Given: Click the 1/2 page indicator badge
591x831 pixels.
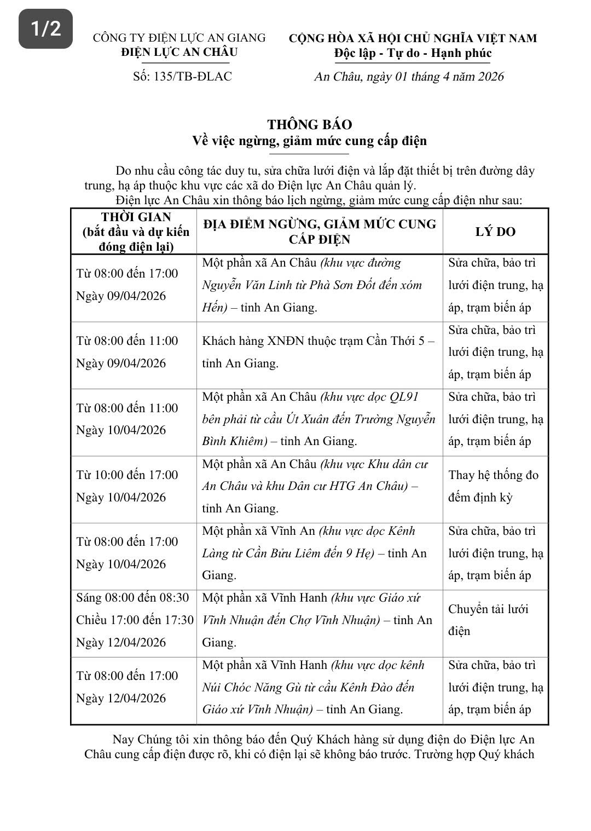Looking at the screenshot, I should (45, 28).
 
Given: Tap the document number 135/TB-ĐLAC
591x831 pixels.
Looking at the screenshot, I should (182, 76).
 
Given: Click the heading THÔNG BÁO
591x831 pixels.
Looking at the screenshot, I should (309, 124).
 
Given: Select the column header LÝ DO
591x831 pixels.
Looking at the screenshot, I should (495, 232).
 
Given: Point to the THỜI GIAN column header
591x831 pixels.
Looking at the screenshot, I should (136, 217).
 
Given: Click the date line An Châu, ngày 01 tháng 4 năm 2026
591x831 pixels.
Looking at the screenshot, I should (409, 76).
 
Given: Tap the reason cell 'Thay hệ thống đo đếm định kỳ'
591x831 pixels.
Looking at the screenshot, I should (493, 486).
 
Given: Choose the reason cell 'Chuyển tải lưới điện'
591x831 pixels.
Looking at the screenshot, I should (488, 620).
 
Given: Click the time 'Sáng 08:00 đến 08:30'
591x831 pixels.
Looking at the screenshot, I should (132, 597).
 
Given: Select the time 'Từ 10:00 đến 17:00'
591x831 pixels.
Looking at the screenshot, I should (127, 475).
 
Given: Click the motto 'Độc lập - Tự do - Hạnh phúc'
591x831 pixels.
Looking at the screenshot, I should (413, 53).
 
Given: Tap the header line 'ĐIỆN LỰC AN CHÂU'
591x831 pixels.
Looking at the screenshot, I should (179, 52).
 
